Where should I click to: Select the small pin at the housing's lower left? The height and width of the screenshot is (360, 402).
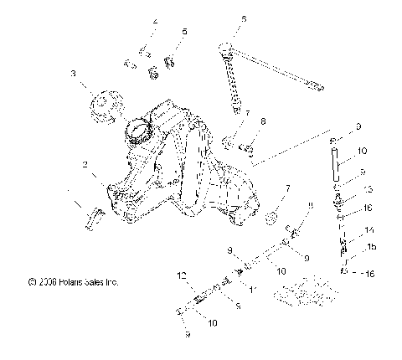pos(90,219)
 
